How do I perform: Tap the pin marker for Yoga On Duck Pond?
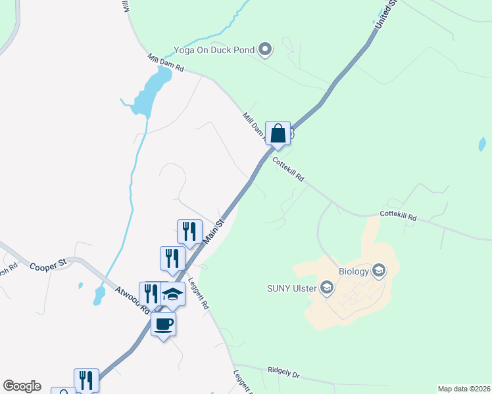[x=265, y=49]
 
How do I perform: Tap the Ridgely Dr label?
[x=283, y=374]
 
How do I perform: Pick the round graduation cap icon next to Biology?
[x=378, y=270]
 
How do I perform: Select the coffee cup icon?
[x=163, y=323]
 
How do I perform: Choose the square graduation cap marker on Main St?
[x=172, y=295]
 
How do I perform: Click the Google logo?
[x=22, y=386]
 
